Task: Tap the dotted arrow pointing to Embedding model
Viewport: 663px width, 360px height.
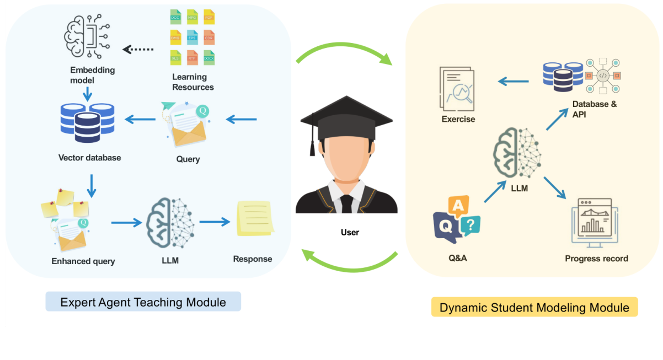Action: [x=138, y=50]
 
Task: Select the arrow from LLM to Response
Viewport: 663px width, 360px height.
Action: [x=215, y=222]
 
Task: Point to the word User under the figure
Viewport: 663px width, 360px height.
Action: [x=350, y=233]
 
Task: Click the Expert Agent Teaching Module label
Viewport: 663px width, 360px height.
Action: [x=143, y=302]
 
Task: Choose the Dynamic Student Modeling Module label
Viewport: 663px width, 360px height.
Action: [x=534, y=307]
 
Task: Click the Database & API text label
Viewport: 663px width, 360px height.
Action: [x=594, y=109]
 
